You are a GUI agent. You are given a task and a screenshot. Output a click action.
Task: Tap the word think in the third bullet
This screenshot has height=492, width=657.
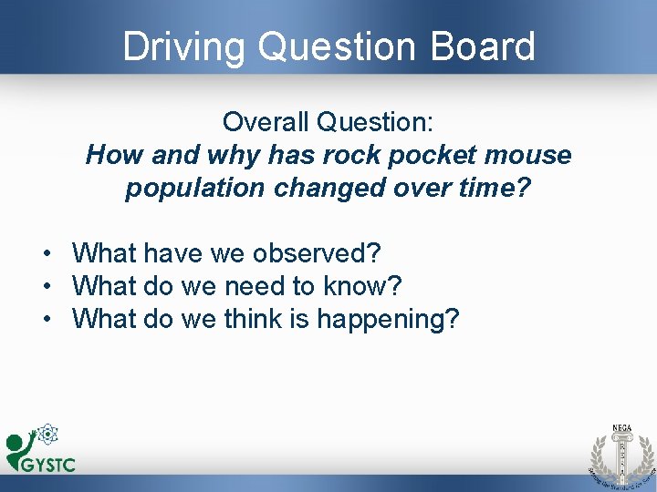tap(255, 320)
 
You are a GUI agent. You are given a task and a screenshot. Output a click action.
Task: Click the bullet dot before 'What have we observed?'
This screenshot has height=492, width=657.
tap(44, 253)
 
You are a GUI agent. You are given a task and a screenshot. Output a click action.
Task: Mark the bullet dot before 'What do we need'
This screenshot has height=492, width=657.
tap(44, 287)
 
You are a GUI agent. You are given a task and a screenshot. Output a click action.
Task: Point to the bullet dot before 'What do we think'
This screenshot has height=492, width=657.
tap(44, 321)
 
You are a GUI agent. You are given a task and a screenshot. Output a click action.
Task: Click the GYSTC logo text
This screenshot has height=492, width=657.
tap(48, 465)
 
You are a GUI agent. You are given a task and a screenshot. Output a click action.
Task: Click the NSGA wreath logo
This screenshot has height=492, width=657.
tap(620, 453)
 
